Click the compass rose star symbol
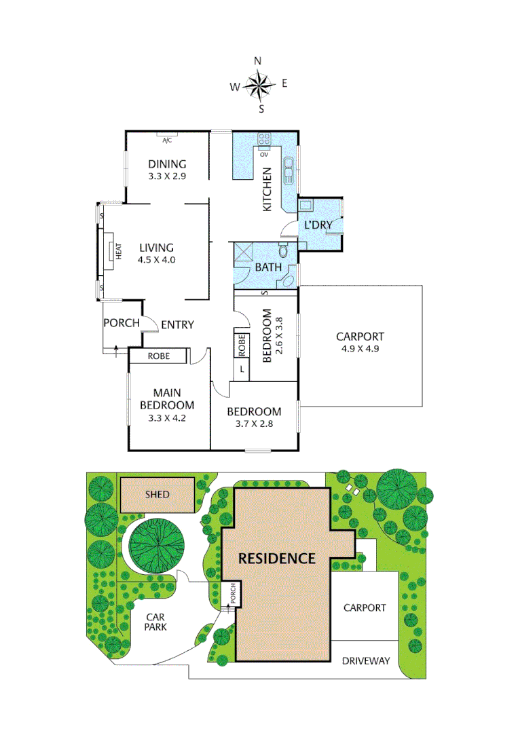point(258,85)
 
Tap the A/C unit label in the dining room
point(167,140)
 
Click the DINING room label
point(167,164)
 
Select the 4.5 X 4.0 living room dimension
point(157,259)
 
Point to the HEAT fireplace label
point(117,252)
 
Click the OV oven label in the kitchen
point(264,154)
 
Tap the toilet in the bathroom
point(284,252)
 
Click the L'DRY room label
point(317,225)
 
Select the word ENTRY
point(177,324)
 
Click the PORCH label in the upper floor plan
point(121,322)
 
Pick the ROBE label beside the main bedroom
point(158,356)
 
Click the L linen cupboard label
point(242,369)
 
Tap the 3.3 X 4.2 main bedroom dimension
point(167,417)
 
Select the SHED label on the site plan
point(158,495)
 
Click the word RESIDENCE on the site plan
point(277,559)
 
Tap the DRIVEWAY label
point(365,660)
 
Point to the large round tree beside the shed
point(156,548)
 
